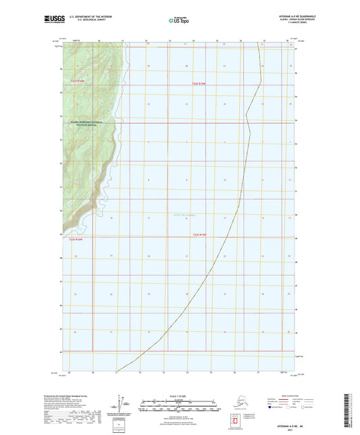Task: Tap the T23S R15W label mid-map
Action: coord(198,234)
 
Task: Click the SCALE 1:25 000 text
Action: coord(179,395)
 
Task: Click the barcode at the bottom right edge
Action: coord(354,408)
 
